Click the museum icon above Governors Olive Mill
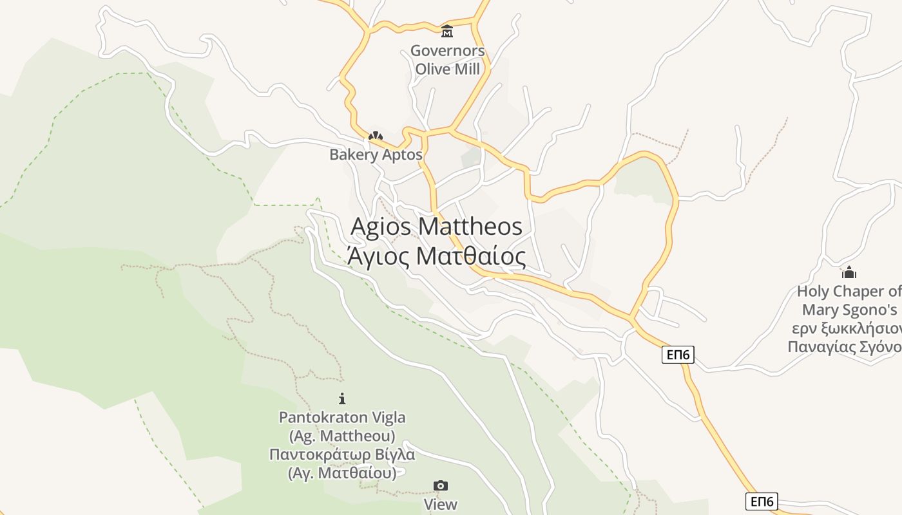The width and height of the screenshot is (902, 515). pyautogui.click(x=446, y=31)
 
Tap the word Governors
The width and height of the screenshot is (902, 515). pyautogui.click(x=447, y=51)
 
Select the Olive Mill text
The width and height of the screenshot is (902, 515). pyautogui.click(x=447, y=69)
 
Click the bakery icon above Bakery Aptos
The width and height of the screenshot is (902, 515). pyautogui.click(x=376, y=136)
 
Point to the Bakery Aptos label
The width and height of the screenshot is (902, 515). pyautogui.click(x=376, y=154)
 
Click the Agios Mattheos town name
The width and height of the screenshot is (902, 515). pyautogui.click(x=436, y=227)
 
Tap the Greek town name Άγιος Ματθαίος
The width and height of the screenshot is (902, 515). pyautogui.click(x=436, y=256)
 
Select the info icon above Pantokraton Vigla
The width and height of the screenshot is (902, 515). pyautogui.click(x=342, y=398)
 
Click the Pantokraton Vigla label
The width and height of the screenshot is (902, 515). pyautogui.click(x=342, y=417)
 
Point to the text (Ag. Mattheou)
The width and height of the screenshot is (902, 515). pyautogui.click(x=342, y=436)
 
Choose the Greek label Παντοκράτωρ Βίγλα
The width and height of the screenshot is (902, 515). pyautogui.click(x=342, y=454)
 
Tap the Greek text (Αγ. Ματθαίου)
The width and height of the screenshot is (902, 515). pyautogui.click(x=342, y=473)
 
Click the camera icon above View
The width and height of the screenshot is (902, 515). pyautogui.click(x=441, y=485)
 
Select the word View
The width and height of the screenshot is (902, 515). pyautogui.click(x=441, y=504)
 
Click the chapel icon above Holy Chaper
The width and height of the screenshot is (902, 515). pyautogui.click(x=849, y=272)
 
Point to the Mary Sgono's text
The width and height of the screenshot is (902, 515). pyautogui.click(x=849, y=310)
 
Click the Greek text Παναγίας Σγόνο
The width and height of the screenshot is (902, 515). pyautogui.click(x=845, y=347)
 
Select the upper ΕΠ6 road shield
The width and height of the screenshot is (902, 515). pyautogui.click(x=678, y=354)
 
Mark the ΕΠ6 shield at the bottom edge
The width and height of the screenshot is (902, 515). pyautogui.click(x=762, y=501)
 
